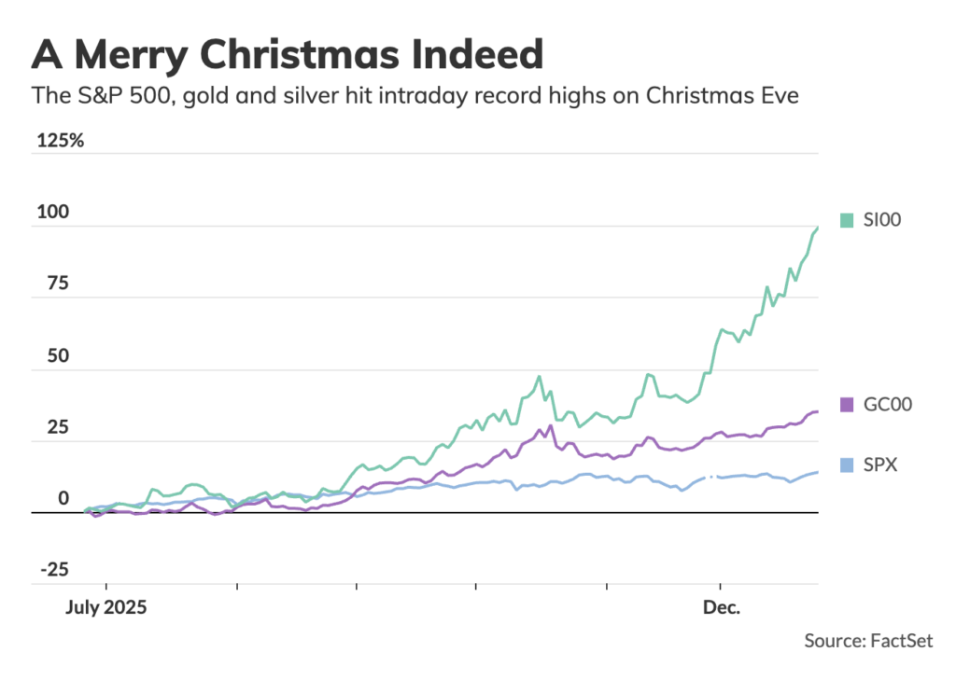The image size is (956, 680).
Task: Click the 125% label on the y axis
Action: point(60,141)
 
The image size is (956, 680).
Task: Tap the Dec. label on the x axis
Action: point(722,608)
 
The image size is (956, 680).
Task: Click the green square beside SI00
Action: point(847,220)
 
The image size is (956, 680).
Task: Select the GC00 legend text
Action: point(887,404)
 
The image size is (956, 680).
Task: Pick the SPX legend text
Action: point(879,465)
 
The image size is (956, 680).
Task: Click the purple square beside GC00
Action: point(847,404)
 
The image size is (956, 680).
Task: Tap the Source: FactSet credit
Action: point(868,641)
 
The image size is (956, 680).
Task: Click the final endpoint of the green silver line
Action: point(818,227)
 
